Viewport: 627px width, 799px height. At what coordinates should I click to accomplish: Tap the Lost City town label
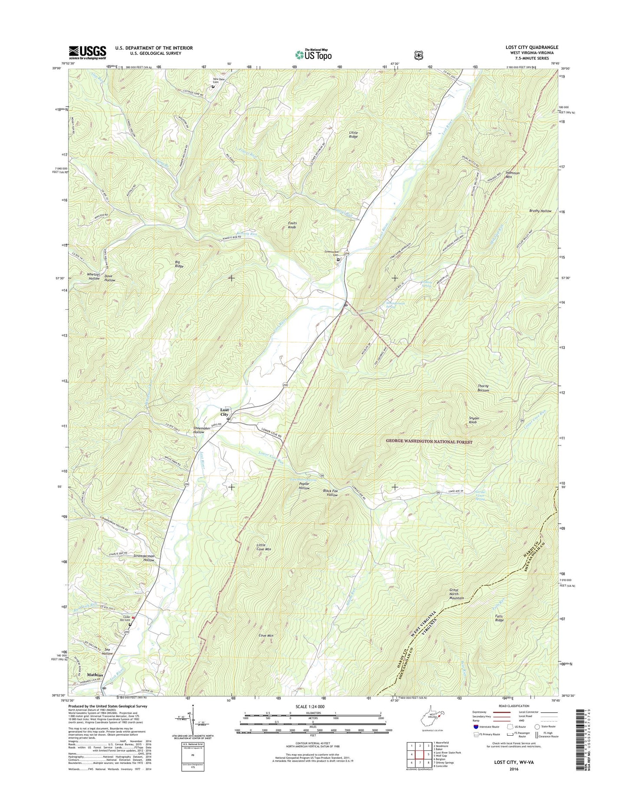click(x=224, y=412)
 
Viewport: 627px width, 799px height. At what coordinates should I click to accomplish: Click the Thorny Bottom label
click(x=483, y=388)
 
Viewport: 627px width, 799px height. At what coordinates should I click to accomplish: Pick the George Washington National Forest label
click(x=429, y=442)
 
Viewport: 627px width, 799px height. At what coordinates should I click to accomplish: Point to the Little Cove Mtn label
click(x=263, y=547)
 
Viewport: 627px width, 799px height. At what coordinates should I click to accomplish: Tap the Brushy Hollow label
click(x=540, y=211)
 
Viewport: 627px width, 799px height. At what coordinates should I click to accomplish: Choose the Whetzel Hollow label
click(x=94, y=277)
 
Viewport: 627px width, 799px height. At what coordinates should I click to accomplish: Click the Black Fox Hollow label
click(x=330, y=493)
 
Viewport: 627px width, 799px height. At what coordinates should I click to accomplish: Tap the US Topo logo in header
click(x=314, y=55)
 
